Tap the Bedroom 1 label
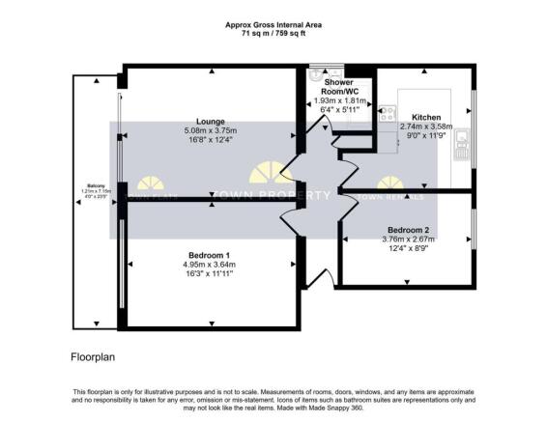point(210,254)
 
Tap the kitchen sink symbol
point(461,145)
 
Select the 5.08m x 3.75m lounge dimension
point(210,130)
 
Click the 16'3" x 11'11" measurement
point(209,274)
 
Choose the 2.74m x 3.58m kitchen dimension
point(425,126)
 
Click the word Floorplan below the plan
point(93,356)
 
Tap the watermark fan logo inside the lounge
point(150,183)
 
